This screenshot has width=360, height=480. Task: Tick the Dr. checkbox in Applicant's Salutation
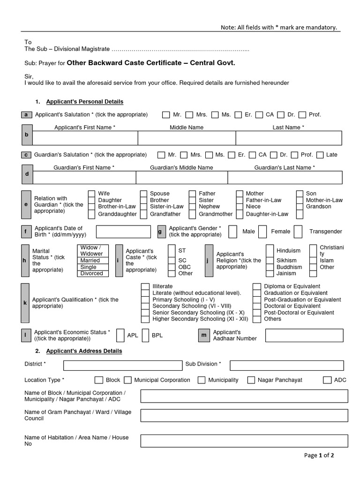[281, 115]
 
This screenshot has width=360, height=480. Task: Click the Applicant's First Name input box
[85, 138]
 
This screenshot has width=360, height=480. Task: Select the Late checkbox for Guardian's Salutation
[320, 155]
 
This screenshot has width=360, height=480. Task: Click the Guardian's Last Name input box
[285, 178]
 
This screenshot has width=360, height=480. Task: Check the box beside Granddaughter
[92, 214]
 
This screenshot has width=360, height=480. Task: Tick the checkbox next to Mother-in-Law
[300, 200]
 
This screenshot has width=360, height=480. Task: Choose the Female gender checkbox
[262, 232]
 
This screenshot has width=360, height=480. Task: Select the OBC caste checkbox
[172, 267]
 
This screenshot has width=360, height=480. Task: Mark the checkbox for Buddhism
[270, 267]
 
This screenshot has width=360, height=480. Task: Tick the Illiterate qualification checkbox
[145, 286]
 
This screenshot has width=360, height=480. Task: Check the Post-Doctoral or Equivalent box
[256, 313]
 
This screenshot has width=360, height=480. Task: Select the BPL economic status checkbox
[145, 336]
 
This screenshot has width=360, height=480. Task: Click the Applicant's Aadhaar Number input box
[307, 336]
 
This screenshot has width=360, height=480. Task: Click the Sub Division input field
[286, 365]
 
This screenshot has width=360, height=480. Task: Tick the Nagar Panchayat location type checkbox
[251, 380]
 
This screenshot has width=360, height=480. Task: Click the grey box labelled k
[25, 303]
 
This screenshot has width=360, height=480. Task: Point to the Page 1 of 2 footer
[318, 455]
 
